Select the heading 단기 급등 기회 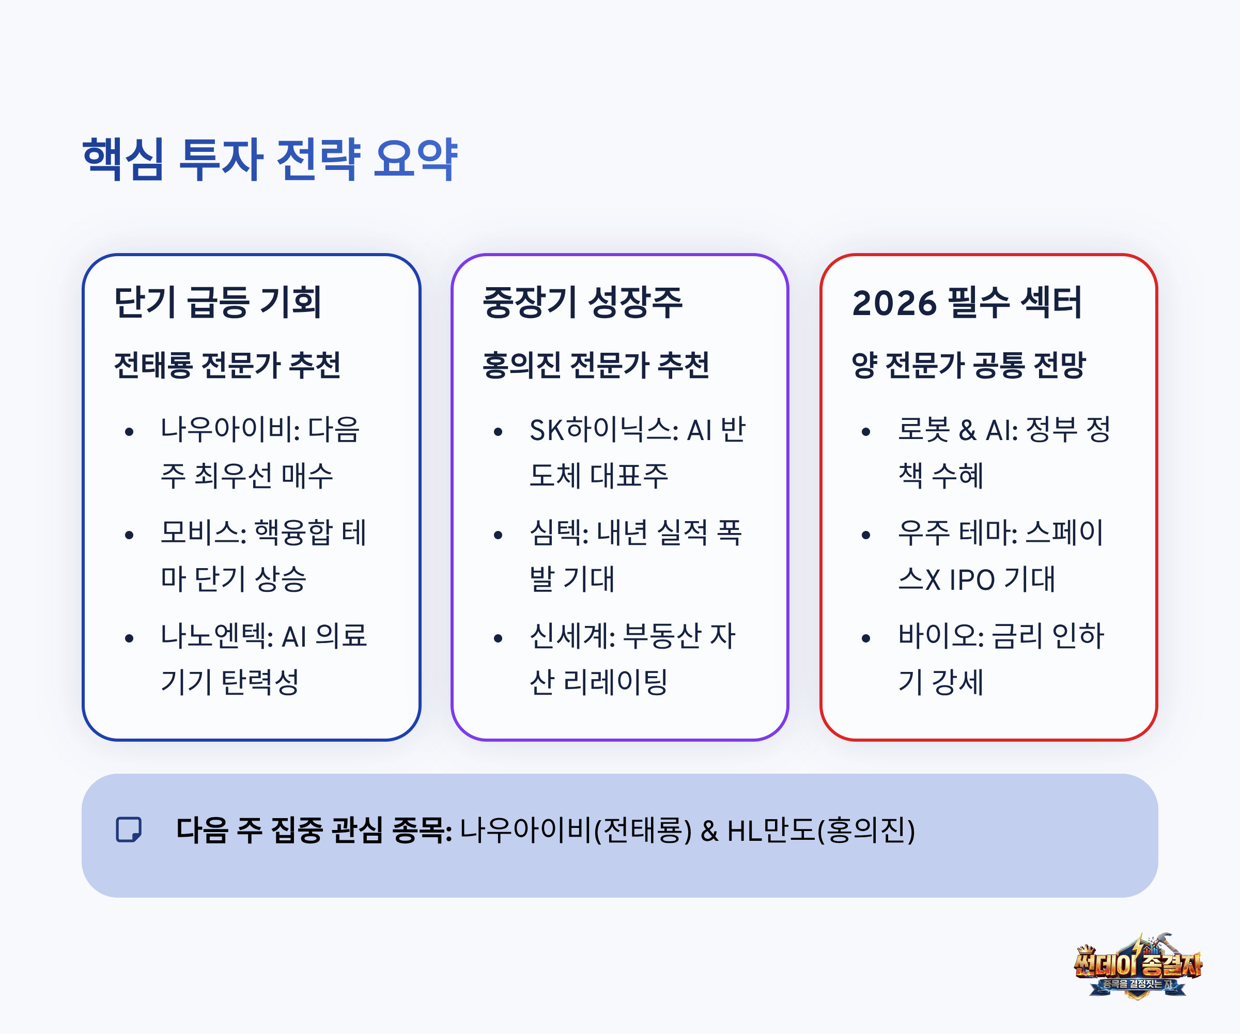pyautogui.click(x=218, y=302)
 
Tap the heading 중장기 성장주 pyautogui.click(x=582, y=302)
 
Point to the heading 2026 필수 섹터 pyautogui.click(x=967, y=302)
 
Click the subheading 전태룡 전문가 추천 pyautogui.click(x=227, y=365)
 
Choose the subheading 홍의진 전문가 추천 pyautogui.click(x=596, y=365)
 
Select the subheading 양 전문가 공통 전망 pyautogui.click(x=968, y=365)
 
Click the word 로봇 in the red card pyautogui.click(x=923, y=429)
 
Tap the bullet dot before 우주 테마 pyautogui.click(x=865, y=535)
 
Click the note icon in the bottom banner pyautogui.click(x=129, y=830)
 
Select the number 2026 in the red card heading pyautogui.click(x=894, y=303)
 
